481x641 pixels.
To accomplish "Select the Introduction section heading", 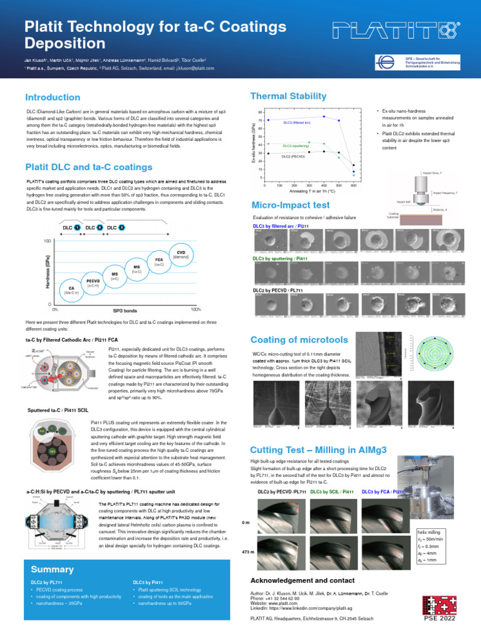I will pyautogui.click(x=53, y=97).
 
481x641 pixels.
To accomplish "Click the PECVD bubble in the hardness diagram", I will pyautogui.click(x=94, y=283).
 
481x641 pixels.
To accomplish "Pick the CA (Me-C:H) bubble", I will pyautogui.click(x=72, y=290).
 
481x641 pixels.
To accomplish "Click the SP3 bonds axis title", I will pyautogui.click(x=125, y=310).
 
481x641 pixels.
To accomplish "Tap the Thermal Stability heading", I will pyautogui.click(x=288, y=96).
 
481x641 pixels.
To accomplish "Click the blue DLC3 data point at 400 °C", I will pyautogui.click(x=324, y=116).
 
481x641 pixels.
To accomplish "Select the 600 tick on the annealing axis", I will pyautogui.click(x=353, y=186).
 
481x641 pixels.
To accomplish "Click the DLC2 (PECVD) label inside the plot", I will pyautogui.click(x=293, y=156).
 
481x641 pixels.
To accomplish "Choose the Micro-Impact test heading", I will pyautogui.click(x=290, y=205).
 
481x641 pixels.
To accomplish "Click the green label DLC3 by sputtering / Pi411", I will pyautogui.click(x=279, y=258).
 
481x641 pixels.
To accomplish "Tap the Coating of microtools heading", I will pyautogui.click(x=299, y=340).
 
